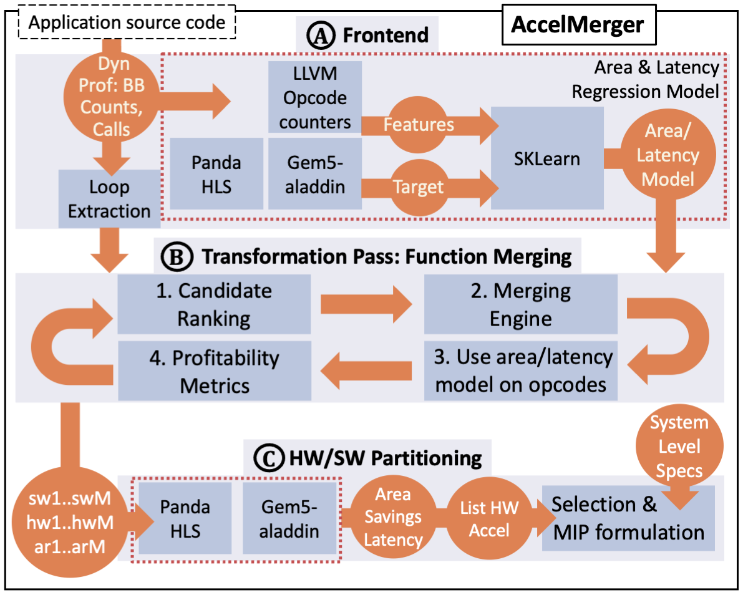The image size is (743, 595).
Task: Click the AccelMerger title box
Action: [577, 25]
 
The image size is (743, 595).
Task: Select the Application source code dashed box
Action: [127, 24]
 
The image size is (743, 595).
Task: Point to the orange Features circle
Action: [419, 125]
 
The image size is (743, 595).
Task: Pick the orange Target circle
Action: [419, 186]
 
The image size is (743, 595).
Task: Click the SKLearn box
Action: [547, 158]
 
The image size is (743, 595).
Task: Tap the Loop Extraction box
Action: [109, 199]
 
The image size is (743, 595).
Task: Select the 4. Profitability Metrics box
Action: [214, 371]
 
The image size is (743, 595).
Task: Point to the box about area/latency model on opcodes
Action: [520, 371]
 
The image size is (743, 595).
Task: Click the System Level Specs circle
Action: [679, 446]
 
